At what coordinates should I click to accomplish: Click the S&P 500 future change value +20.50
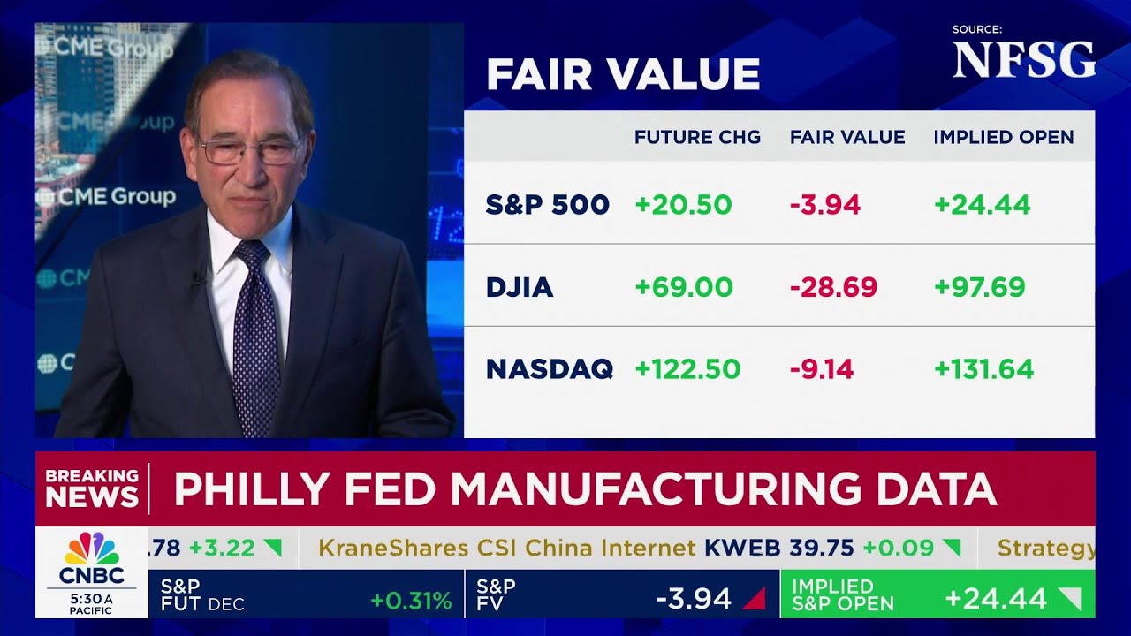683,205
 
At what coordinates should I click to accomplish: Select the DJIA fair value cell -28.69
833,287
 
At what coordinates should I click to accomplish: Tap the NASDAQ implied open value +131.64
983,369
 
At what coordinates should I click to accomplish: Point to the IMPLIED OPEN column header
1004,137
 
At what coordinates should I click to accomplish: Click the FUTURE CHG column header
697,137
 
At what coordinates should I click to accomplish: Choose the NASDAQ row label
549,369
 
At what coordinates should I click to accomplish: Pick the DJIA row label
520,287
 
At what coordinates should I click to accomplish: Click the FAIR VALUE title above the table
623,75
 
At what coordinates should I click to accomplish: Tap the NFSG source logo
1023,60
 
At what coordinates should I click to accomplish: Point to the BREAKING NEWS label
92,488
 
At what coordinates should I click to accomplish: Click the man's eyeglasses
250,151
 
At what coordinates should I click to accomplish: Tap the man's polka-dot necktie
255,336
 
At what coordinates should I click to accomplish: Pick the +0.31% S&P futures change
411,601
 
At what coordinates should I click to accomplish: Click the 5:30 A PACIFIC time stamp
91,603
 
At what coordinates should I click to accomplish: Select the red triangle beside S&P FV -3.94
754,600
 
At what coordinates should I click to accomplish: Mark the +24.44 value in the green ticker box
995,599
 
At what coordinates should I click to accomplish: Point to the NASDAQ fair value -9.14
822,369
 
